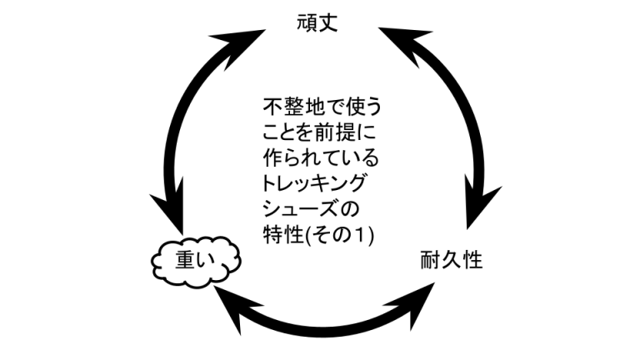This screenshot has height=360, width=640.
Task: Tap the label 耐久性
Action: click(x=451, y=261)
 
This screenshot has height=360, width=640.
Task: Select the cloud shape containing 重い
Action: click(x=194, y=261)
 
